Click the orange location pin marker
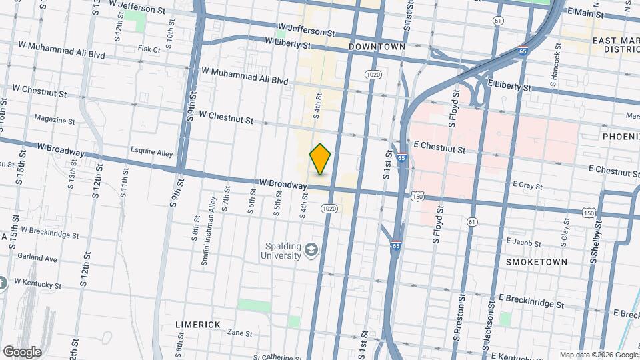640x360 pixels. tap(321, 159)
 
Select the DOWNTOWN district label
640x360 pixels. tap(377, 47)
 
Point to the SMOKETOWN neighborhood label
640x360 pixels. tap(537, 262)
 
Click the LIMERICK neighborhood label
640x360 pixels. tap(197, 324)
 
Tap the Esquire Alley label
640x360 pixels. tap(152, 153)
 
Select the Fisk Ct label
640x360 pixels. tap(149, 49)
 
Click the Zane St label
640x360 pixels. tap(239, 333)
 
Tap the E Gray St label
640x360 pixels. tap(527, 185)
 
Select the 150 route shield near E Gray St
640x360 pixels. tap(417, 196)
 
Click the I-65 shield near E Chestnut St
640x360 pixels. tap(401, 158)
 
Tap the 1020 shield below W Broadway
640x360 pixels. tap(328, 209)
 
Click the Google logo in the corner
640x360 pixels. tap(22, 351)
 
